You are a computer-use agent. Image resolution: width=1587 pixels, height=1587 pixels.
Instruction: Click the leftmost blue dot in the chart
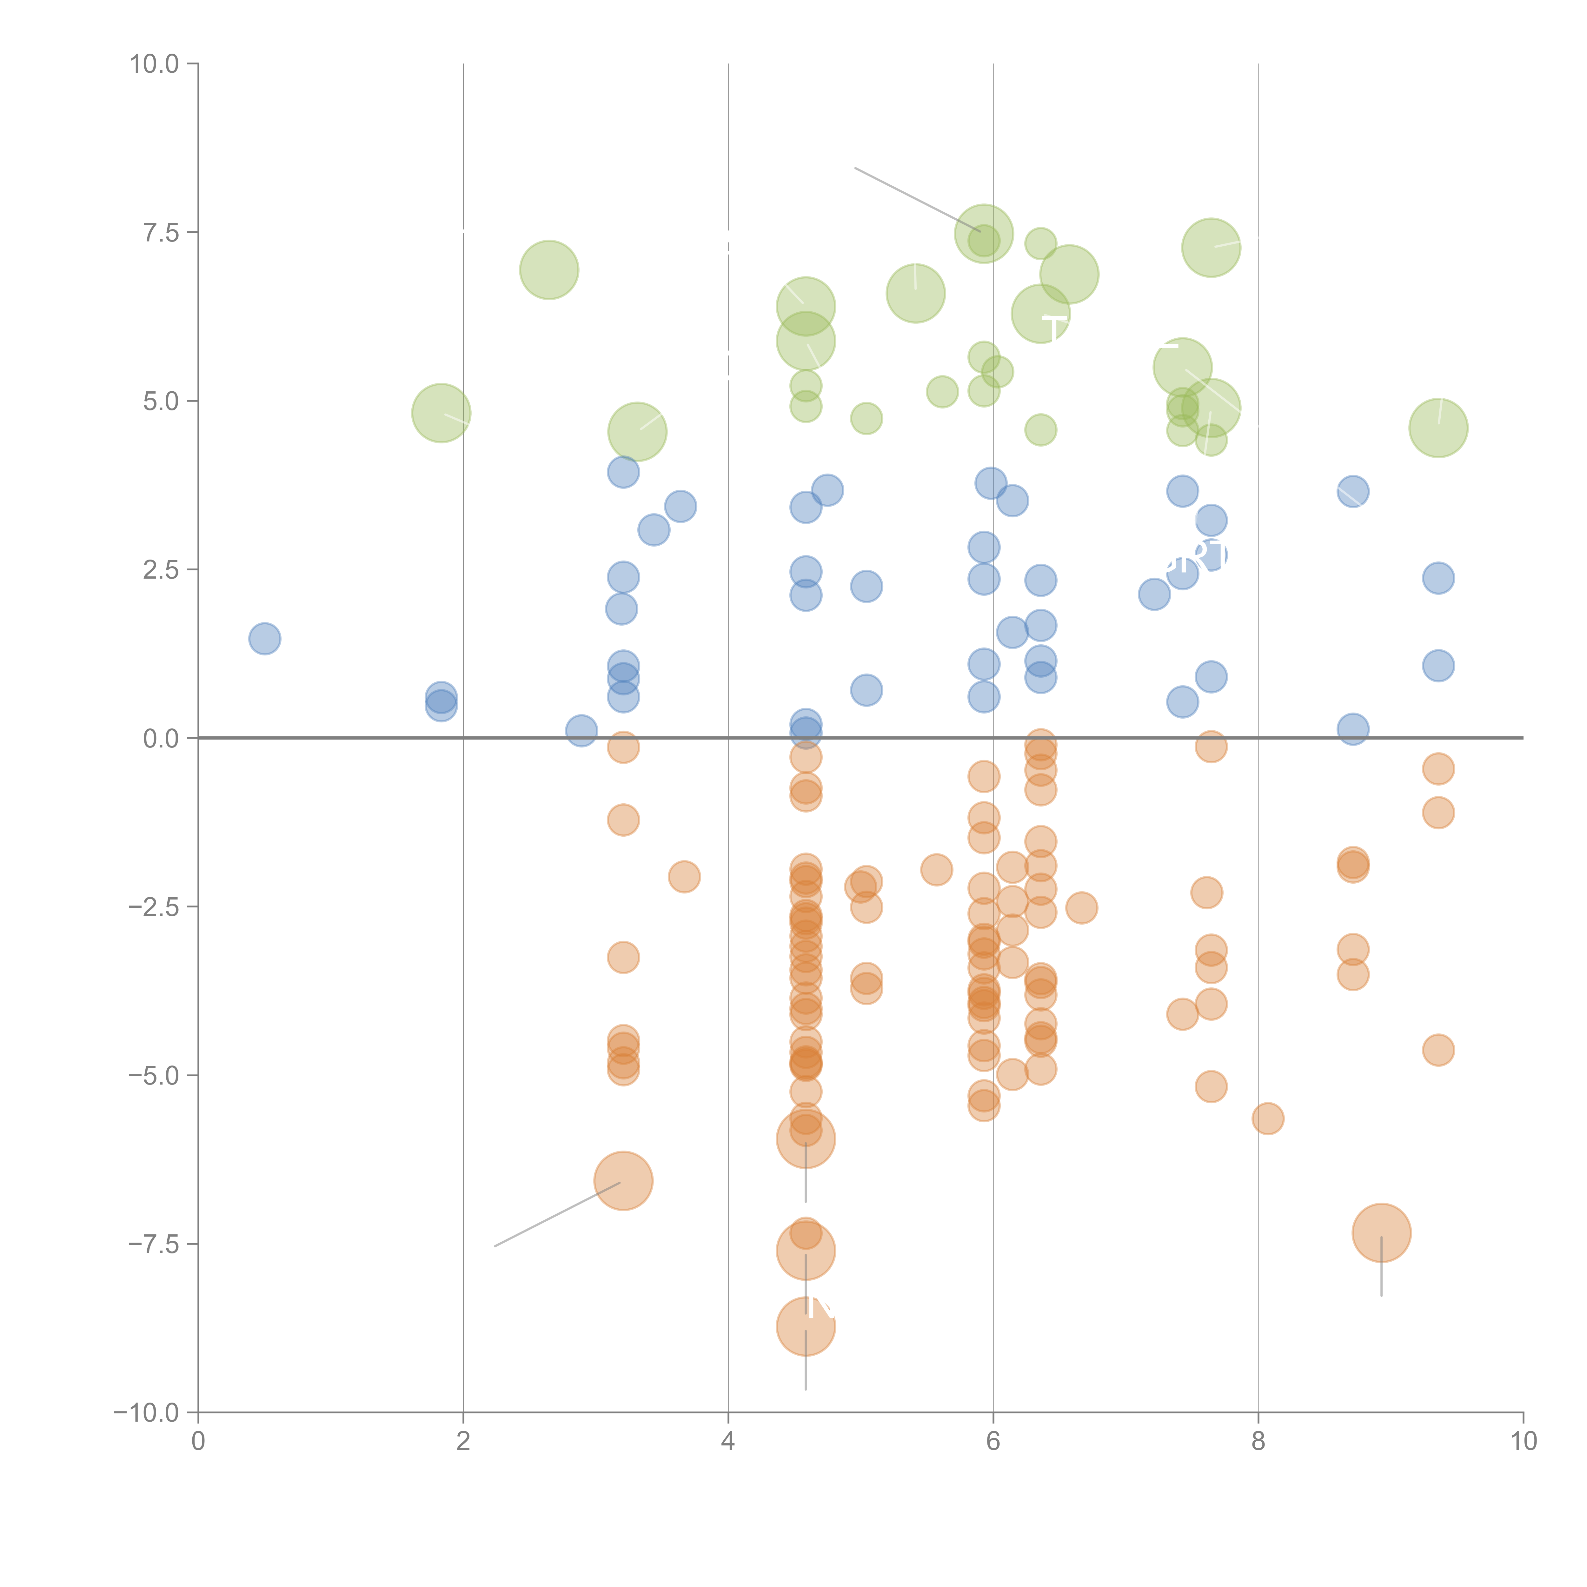264,638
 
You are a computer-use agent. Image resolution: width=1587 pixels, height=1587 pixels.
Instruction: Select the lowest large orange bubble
806,1327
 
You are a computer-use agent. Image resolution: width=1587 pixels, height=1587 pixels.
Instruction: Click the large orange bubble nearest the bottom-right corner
1382,1233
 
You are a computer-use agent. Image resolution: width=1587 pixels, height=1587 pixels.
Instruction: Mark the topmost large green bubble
984,233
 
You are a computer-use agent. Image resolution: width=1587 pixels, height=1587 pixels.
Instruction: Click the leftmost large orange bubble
623,1181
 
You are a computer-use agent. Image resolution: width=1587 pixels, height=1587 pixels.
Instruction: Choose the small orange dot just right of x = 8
1268,1119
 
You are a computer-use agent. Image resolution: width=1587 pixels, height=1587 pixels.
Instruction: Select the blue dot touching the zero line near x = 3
581,730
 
